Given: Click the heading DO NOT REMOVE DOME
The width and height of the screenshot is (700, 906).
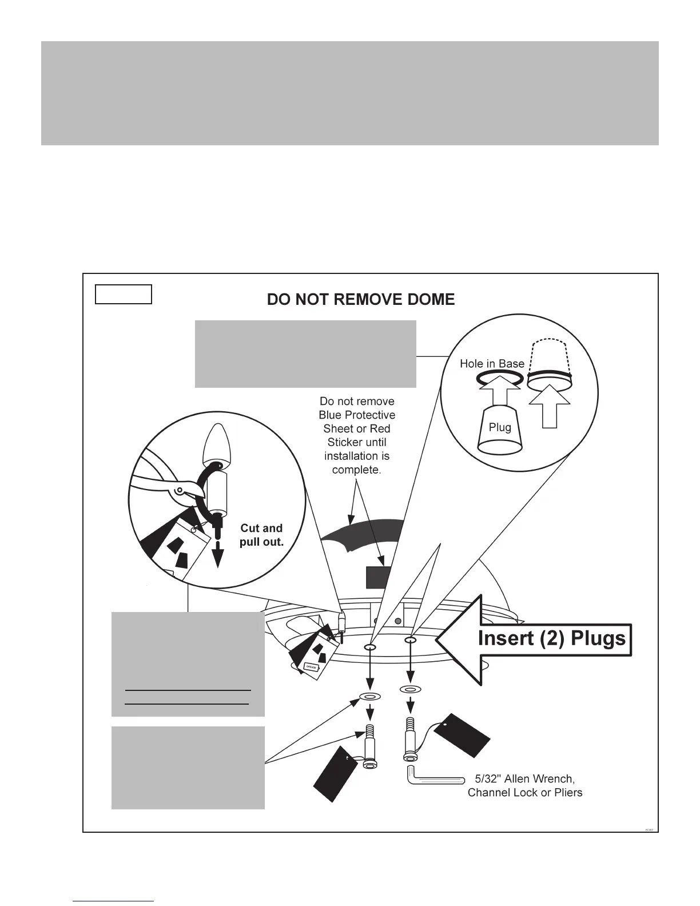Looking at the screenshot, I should [x=361, y=300].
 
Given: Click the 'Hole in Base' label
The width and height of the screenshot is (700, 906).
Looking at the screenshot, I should [x=492, y=364].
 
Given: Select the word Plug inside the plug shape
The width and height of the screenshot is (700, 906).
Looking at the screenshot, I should [x=500, y=427].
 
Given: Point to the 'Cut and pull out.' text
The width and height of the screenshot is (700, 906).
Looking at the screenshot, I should [x=261, y=535].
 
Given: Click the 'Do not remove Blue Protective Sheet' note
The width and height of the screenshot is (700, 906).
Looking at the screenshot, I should [x=357, y=435].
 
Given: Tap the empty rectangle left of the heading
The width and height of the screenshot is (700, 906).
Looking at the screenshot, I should [x=123, y=294].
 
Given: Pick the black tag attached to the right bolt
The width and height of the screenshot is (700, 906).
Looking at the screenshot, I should [x=462, y=734].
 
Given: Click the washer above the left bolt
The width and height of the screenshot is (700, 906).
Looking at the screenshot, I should [x=369, y=697].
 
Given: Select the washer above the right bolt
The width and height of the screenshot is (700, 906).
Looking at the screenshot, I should [x=410, y=690].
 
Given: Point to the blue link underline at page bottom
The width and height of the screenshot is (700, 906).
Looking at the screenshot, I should [x=113, y=901].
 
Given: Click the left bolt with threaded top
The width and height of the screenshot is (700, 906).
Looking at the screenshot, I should [x=371, y=749].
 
